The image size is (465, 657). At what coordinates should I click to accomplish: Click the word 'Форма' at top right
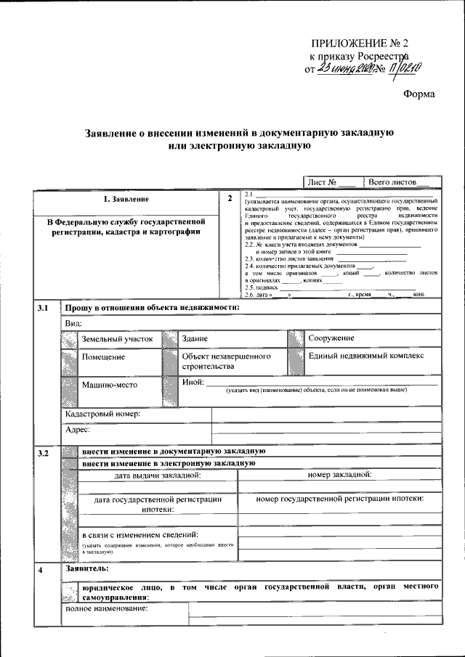(419, 93)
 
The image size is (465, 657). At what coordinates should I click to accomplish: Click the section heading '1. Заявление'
(126, 199)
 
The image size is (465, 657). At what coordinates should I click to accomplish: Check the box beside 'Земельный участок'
(69, 339)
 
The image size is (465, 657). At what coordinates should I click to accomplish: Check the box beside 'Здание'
(170, 339)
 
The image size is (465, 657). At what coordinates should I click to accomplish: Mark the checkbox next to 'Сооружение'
(296, 339)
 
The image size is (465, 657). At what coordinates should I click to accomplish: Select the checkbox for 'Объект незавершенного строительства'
(170, 361)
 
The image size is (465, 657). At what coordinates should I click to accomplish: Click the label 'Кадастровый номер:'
(102, 414)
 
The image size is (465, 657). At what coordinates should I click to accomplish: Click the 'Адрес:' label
(77, 430)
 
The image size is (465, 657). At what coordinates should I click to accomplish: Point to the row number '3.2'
(43, 454)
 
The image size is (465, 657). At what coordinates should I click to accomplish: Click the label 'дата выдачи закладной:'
(158, 476)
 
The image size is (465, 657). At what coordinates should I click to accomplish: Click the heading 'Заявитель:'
(86, 568)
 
